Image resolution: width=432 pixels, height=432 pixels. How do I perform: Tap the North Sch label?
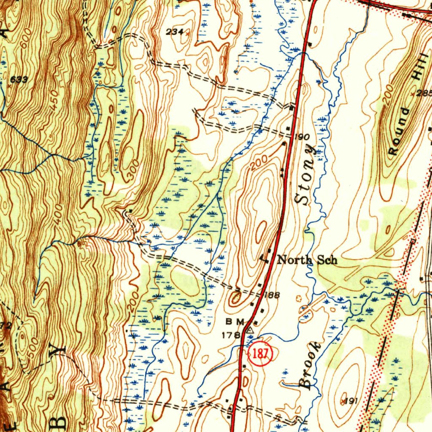pos(307,260)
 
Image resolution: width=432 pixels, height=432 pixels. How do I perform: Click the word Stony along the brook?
pos(306,174)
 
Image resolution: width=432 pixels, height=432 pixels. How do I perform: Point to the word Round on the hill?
pos(399,131)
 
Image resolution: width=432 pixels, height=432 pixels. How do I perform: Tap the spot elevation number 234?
pos(174,32)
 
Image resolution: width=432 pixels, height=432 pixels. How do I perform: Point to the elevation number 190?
pos(303,137)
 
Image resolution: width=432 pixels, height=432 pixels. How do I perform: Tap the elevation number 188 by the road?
pos(272,295)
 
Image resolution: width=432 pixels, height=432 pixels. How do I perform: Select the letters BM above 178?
pos(235,322)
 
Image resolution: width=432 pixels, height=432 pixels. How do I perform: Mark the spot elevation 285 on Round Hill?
pos(424,93)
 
